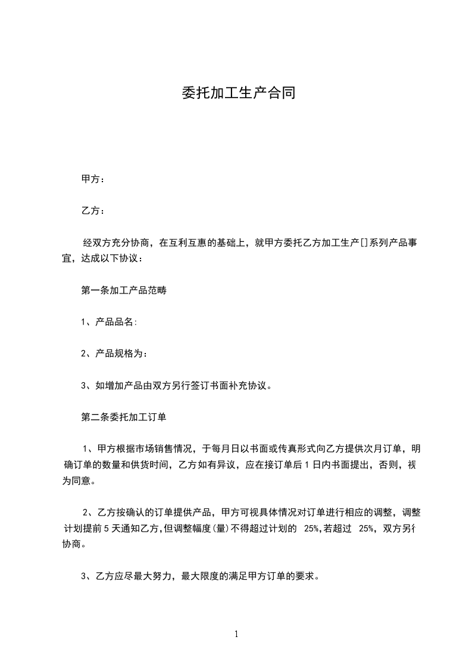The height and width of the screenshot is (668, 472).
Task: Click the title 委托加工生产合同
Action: [x=238, y=93]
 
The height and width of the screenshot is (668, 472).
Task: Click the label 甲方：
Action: [x=93, y=179]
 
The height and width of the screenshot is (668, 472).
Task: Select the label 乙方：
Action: [x=93, y=211]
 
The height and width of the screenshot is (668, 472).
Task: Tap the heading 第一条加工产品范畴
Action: [x=123, y=291]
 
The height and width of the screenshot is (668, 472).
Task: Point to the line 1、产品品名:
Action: [x=109, y=322]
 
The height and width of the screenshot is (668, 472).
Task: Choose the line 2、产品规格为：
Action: [x=114, y=354]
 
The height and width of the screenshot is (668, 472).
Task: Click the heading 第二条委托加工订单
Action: [x=123, y=417]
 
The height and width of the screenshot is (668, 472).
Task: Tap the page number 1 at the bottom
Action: [x=236, y=635]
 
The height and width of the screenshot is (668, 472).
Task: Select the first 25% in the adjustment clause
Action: [x=311, y=527]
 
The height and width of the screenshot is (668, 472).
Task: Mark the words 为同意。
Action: [x=78, y=480]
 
